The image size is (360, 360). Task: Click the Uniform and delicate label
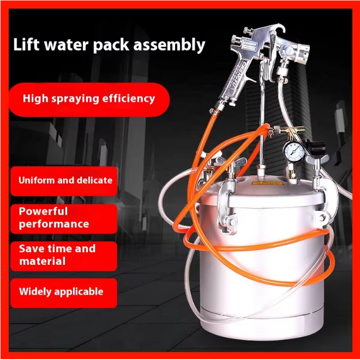click(65, 180)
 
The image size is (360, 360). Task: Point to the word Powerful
click(43, 211)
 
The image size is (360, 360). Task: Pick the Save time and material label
click(57, 255)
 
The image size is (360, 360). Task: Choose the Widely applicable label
click(61, 292)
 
